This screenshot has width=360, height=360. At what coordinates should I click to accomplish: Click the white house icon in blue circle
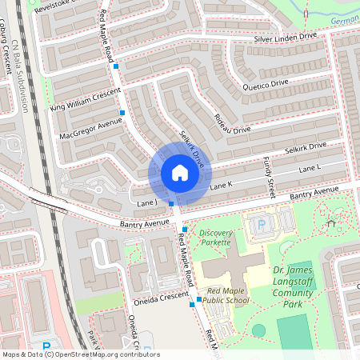[x=179, y=173]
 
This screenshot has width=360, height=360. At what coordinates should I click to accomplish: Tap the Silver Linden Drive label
[x=287, y=38]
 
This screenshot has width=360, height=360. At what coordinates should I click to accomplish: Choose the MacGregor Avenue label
[x=90, y=127]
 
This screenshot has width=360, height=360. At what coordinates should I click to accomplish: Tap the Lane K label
[x=220, y=185]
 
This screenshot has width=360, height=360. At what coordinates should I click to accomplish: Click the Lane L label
[x=309, y=169]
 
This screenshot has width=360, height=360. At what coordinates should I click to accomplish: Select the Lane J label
[x=146, y=204]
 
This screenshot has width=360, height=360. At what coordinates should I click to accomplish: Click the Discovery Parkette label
[x=214, y=237]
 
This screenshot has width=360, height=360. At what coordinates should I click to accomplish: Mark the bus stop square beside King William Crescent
[x=122, y=113]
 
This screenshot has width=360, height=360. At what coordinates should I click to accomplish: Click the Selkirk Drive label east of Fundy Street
[x=305, y=147]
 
